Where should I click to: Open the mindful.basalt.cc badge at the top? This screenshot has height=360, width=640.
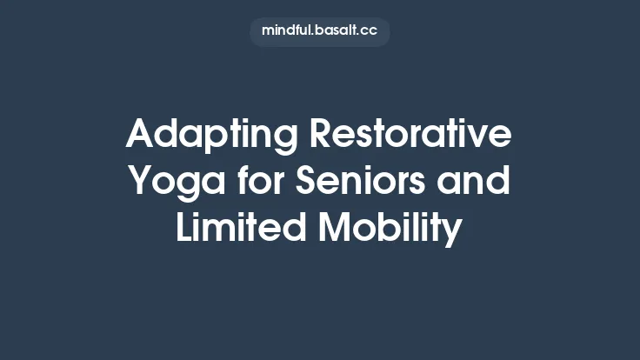(x=320, y=31)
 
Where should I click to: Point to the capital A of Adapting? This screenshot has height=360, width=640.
(x=141, y=136)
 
